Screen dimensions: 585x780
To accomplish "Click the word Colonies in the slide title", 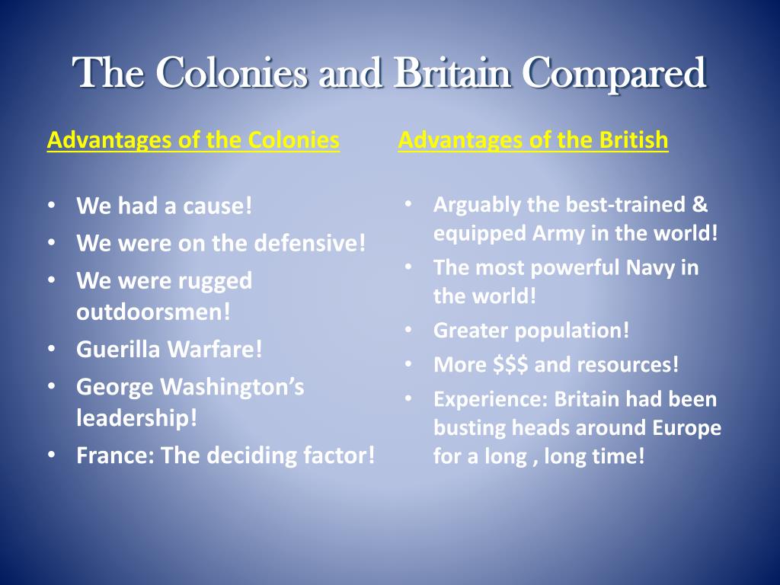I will [232, 73].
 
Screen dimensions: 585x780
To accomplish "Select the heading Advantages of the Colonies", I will [193, 140].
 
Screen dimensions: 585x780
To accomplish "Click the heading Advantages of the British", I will [533, 140].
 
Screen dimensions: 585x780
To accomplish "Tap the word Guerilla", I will [119, 349].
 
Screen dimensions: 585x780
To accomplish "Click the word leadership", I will [136, 418].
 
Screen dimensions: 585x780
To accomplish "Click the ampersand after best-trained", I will [701, 205].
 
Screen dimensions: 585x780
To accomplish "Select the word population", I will [581, 331].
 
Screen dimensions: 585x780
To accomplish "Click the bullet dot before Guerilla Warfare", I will [50, 349].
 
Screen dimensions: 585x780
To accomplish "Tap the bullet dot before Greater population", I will [408, 331].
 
